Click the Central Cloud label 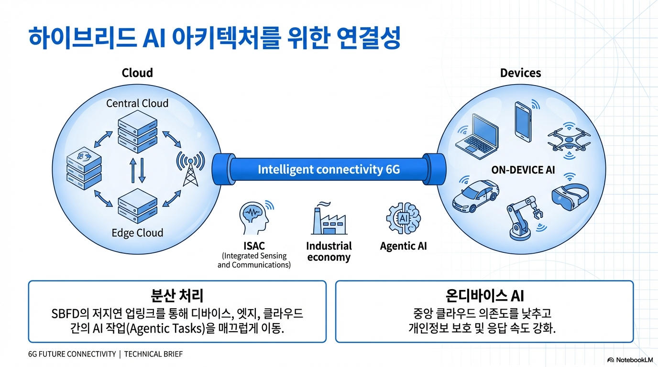pos(137,103)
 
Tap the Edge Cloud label pos(137,233)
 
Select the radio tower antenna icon pos(190,168)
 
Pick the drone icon pos(569,140)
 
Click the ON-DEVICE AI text pos(523,170)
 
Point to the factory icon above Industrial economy pos(329,219)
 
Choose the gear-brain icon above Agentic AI pos(403,218)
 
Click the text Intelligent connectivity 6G pos(329,169)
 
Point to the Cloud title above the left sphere pos(137,73)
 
